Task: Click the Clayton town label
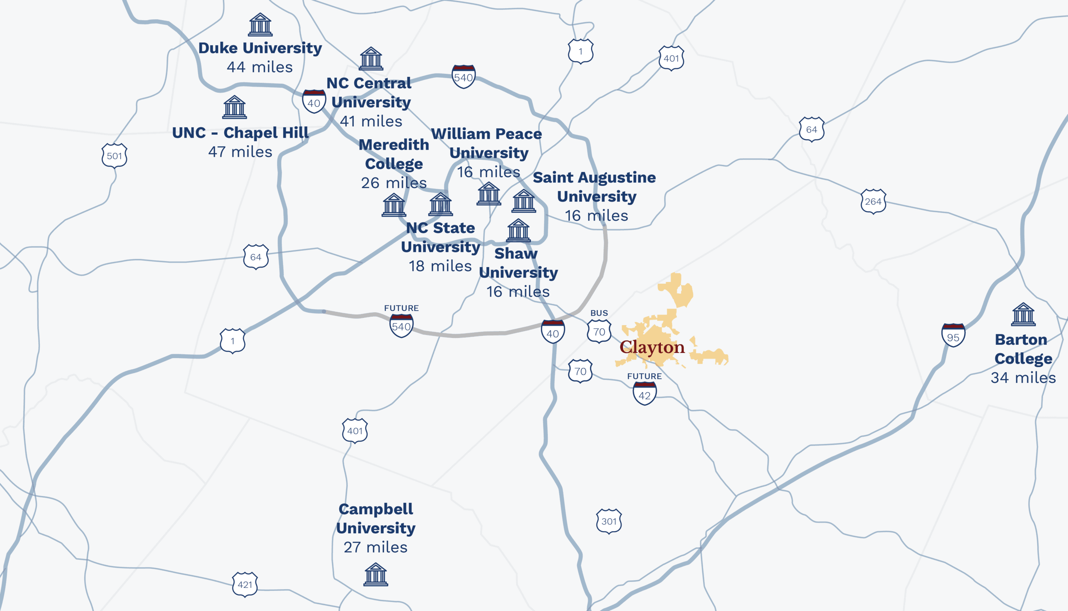pyautogui.click(x=652, y=347)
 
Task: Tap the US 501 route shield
pyautogui.click(x=114, y=156)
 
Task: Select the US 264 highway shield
pyautogui.click(x=873, y=201)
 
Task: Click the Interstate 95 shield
pyautogui.click(x=953, y=336)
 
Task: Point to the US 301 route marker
pyautogui.click(x=609, y=521)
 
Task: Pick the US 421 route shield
pyautogui.click(x=245, y=584)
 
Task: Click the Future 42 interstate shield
pyautogui.click(x=644, y=394)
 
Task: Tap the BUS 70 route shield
pyautogui.click(x=599, y=332)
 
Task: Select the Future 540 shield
pyautogui.click(x=401, y=326)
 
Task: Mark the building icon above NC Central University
pyautogui.click(x=371, y=59)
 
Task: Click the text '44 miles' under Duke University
pyautogui.click(x=260, y=67)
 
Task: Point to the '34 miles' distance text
pyautogui.click(x=1023, y=378)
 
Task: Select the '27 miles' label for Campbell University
pyautogui.click(x=376, y=547)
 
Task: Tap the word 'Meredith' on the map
pyautogui.click(x=394, y=145)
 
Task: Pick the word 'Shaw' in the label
pyautogui.click(x=516, y=253)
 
